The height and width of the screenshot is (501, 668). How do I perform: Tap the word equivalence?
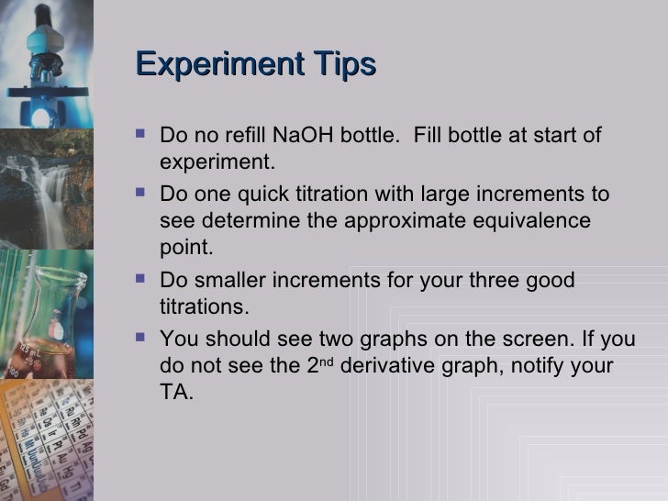pyautogui.click(x=536, y=222)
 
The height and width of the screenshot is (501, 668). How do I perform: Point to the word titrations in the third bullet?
pyautogui.click(x=203, y=306)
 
